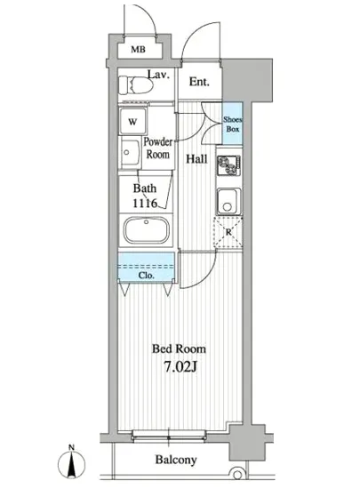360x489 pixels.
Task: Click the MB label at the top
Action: click(138, 49)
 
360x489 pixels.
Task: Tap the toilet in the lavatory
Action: click(136, 85)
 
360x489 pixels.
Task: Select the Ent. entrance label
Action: click(199, 82)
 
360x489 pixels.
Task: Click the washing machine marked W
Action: click(132, 121)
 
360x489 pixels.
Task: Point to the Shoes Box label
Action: click(233, 124)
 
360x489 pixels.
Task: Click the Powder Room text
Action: click(157, 148)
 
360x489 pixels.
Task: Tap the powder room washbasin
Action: click(131, 153)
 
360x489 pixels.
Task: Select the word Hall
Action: click(196, 159)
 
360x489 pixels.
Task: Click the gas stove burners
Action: click(228, 165)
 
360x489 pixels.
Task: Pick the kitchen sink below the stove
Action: click(228, 201)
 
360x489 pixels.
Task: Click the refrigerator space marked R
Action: click(228, 232)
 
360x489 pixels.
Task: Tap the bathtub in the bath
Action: click(146, 230)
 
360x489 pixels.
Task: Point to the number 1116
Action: click(145, 204)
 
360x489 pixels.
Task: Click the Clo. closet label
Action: click(146, 276)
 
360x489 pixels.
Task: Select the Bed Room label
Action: click(179, 349)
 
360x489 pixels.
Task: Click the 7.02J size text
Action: click(180, 367)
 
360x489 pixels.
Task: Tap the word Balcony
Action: click(176, 460)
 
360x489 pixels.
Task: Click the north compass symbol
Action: click(71, 462)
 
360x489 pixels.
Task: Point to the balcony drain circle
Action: click(237, 475)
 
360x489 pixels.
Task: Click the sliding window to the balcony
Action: click(169, 435)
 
